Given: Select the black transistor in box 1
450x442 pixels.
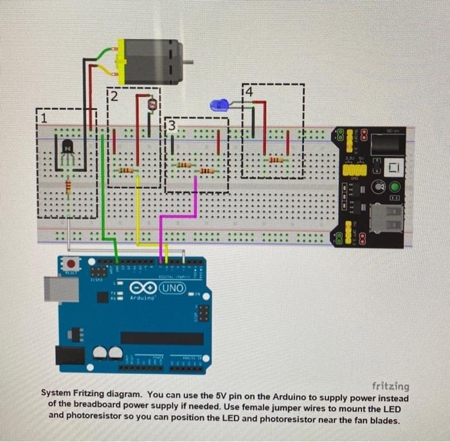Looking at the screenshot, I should [x=67, y=152].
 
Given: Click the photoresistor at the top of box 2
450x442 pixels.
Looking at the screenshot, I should [x=152, y=103].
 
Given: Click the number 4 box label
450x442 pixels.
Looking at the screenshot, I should [x=249, y=91].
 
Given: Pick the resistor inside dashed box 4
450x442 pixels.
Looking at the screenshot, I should [x=275, y=159].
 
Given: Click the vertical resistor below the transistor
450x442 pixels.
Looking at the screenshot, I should [x=67, y=186].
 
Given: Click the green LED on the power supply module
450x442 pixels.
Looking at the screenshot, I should [x=395, y=188].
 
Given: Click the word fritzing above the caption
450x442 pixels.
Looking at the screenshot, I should [x=390, y=386].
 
